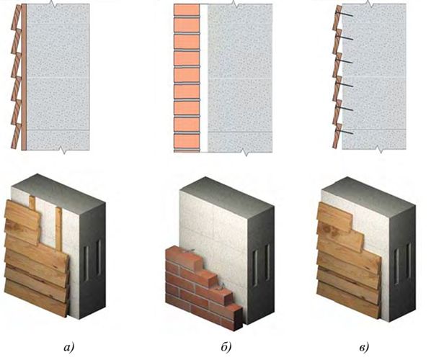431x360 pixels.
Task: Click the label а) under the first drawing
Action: coord(68,347)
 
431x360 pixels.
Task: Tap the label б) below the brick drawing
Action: coord(226,346)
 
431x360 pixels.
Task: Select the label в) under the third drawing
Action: coord(364,348)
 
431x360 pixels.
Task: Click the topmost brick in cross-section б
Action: coord(187,10)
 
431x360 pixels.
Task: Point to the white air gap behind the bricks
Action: coord(203,78)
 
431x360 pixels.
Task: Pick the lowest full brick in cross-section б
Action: coord(187,141)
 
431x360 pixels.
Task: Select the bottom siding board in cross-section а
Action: coord(17,136)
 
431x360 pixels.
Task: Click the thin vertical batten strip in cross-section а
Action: coord(24,77)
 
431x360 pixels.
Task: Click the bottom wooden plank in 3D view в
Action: coord(349,300)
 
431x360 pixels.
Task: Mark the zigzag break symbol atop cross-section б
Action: coord(234,4)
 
